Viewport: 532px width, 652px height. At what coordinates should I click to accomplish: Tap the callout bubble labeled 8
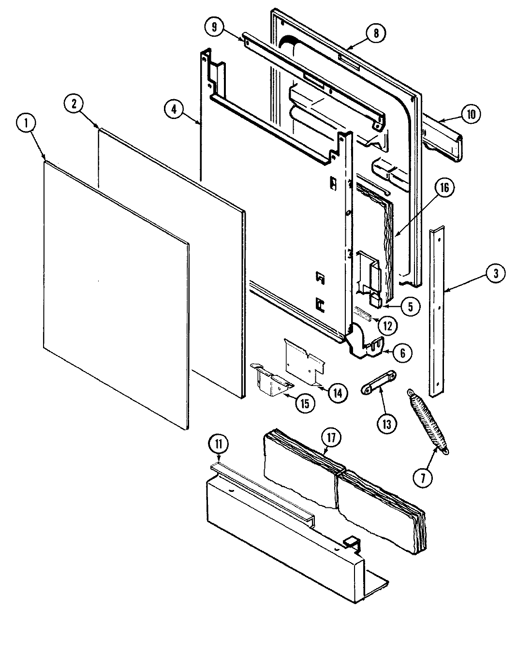[x=376, y=33]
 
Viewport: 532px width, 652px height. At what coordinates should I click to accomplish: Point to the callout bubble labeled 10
[x=471, y=114]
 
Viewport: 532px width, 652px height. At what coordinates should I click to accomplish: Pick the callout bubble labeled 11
[x=219, y=444]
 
